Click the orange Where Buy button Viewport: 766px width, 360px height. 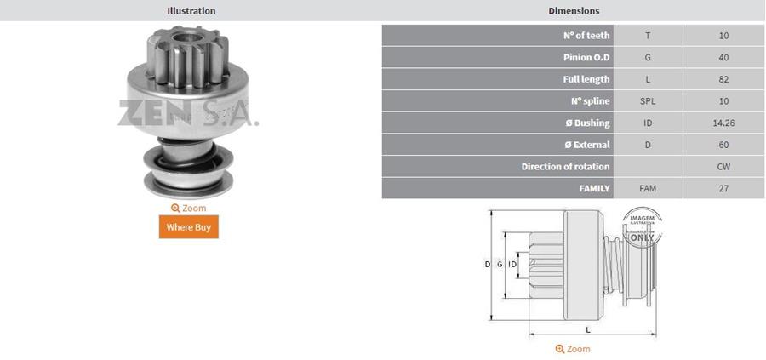(x=189, y=226)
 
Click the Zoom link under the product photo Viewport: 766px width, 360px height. (x=189, y=209)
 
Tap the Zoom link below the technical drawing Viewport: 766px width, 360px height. (x=573, y=349)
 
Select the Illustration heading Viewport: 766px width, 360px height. (x=191, y=10)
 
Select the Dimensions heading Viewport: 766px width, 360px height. (x=574, y=10)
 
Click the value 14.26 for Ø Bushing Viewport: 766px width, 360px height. (x=723, y=123)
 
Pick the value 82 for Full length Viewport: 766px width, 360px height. (x=723, y=79)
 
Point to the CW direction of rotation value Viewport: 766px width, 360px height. (x=723, y=167)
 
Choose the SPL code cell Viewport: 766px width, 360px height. (x=648, y=101)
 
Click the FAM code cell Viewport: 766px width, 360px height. (x=648, y=188)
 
